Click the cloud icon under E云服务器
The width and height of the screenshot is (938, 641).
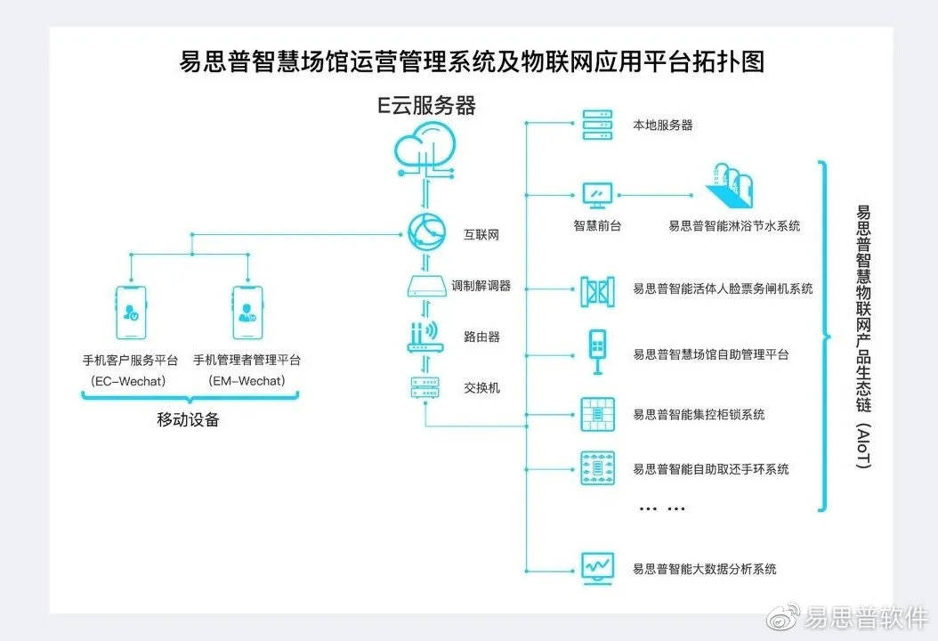coord(426,146)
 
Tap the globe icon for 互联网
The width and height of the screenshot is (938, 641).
coord(425,234)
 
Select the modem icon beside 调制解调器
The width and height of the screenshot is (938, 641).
coord(425,287)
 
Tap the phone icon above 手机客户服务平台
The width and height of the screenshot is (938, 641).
coord(130,312)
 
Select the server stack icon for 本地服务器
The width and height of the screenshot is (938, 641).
coord(594,125)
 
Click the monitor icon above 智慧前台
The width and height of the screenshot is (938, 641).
coord(596,194)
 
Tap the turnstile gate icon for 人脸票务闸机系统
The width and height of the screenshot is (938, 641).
coord(595,288)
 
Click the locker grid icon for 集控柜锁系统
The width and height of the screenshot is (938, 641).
coord(594,413)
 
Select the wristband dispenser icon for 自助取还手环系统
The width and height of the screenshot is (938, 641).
coord(594,467)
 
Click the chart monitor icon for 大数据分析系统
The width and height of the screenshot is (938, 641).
coord(595,567)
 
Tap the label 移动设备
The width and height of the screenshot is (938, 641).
coord(188,420)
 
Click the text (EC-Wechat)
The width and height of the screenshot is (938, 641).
coord(130,381)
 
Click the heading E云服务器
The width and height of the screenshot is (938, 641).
coord(426,106)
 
